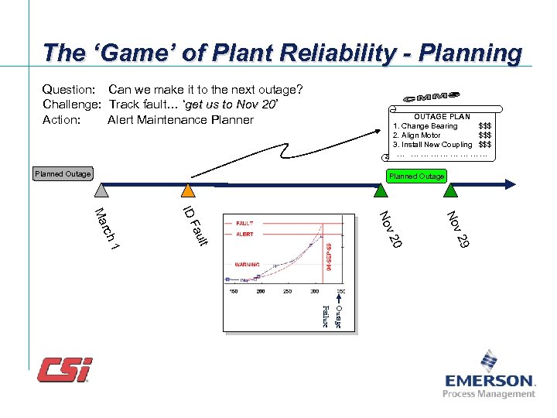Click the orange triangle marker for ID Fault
tap(186, 192)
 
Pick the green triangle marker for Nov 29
tap(451, 192)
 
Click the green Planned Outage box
tap(417, 176)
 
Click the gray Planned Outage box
tap(63, 173)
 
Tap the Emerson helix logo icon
tap(489, 361)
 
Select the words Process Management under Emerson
tap(488, 394)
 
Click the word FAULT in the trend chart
tap(245, 223)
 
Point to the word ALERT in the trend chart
tap(244, 234)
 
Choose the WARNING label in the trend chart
tap(248, 264)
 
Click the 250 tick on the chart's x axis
tap(287, 292)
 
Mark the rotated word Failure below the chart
tap(326, 316)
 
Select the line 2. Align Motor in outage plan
tap(421, 135)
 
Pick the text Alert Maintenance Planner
tap(180, 119)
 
